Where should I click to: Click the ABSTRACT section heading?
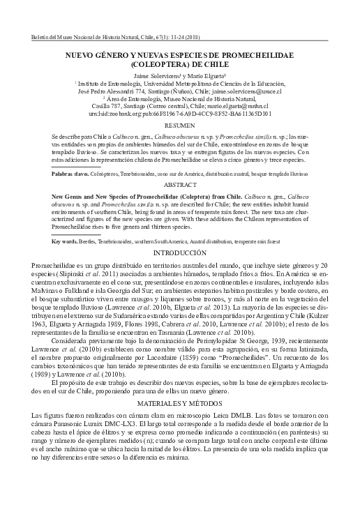point(180,186)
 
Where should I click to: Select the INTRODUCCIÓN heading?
point(180,252)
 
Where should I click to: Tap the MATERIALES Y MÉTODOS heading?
point(180,404)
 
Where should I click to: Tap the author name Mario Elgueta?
point(207,75)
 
